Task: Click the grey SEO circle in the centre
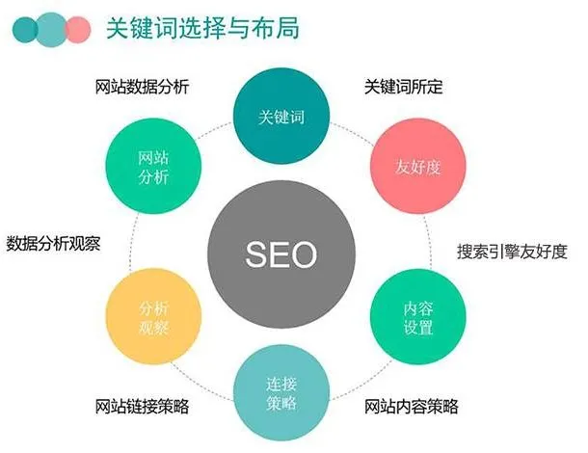(281, 254)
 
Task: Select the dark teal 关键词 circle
(281, 116)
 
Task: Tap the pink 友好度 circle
(417, 166)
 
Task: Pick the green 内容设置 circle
(417, 317)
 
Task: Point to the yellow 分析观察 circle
(153, 316)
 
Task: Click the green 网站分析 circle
(153, 166)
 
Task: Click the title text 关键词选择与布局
(202, 28)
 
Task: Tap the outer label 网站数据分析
(142, 87)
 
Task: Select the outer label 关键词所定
(404, 87)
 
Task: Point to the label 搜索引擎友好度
(512, 251)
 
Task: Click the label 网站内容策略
(412, 406)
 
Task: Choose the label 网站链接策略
(142, 406)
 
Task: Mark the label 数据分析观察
(53, 244)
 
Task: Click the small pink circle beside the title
(79, 30)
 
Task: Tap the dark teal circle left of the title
(24, 30)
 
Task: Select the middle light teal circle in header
(52, 30)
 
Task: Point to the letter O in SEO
(303, 254)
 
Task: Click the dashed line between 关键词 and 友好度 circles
(352, 132)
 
